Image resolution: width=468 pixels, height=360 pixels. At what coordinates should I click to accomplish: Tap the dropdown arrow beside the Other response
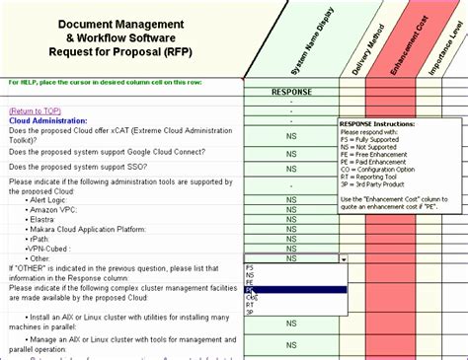click(x=343, y=258)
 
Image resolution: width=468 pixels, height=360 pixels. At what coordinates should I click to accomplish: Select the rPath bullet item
click(x=41, y=238)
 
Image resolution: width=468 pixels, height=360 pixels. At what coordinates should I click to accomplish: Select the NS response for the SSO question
click(x=291, y=168)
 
